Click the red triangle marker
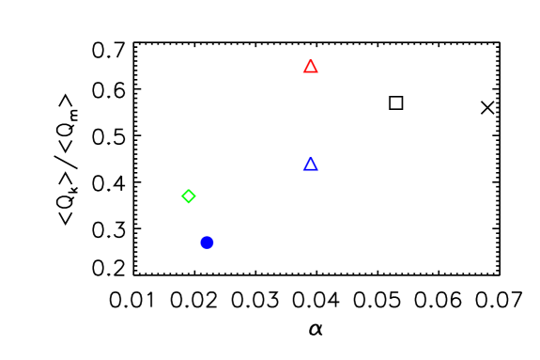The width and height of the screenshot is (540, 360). click(x=311, y=67)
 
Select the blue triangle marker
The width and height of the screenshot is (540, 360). click(x=311, y=164)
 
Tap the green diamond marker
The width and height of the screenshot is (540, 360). click(x=189, y=196)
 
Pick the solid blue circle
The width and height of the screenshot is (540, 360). click(x=207, y=243)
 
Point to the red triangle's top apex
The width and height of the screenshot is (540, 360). click(x=311, y=59)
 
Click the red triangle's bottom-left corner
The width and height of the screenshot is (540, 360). click(x=303, y=72)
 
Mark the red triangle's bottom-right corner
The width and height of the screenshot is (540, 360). click(x=318, y=72)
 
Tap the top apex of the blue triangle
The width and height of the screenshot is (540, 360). click(x=311, y=157)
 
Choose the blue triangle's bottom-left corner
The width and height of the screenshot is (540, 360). click(x=303, y=170)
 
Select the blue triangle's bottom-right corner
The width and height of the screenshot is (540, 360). click(x=318, y=170)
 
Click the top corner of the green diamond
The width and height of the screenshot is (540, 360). click(x=189, y=189)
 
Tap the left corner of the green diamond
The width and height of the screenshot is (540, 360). click(x=181, y=196)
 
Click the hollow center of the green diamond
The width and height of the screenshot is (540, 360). click(x=189, y=196)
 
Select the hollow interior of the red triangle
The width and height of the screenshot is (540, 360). click(x=311, y=68)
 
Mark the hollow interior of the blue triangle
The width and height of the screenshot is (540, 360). click(x=311, y=165)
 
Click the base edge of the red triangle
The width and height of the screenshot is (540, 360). click(x=311, y=72)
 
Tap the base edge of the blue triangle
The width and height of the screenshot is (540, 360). click(x=311, y=170)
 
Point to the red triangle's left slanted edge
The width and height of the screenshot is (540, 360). click(x=307, y=66)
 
